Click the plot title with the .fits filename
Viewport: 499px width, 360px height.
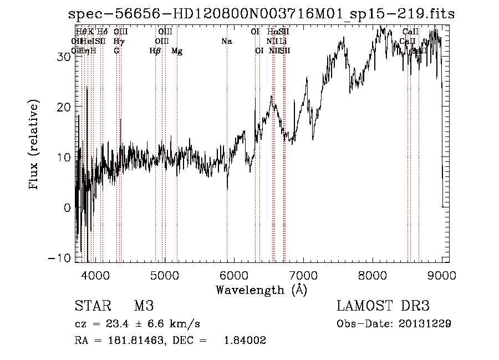pos(261,14)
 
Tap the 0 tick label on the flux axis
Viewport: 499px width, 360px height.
pos(67,207)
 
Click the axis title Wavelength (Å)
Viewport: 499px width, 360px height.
pos(261,290)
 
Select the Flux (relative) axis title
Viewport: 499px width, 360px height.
pos(34,146)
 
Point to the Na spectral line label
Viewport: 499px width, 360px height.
pos(226,42)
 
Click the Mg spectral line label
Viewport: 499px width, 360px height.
pos(177,51)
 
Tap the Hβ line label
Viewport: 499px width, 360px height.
pos(155,51)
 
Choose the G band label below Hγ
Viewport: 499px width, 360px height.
pos(116,51)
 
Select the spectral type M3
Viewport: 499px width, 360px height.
pos(144,306)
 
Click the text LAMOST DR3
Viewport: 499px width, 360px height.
pos(383,306)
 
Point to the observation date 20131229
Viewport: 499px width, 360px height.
pos(425,323)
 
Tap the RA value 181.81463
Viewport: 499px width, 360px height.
pos(135,341)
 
